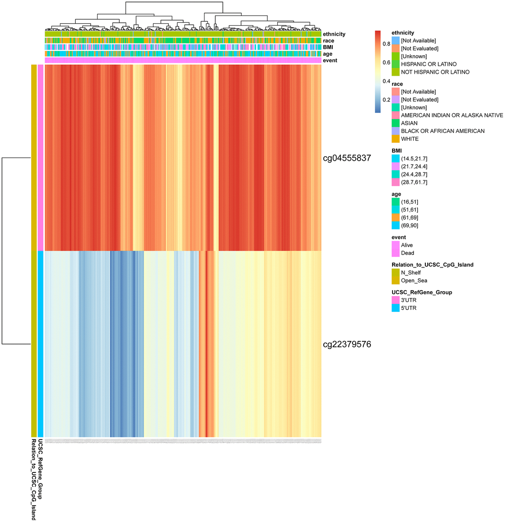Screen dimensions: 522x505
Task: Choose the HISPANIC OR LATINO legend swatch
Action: [x=395, y=64]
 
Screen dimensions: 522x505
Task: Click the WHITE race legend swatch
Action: [x=395, y=139]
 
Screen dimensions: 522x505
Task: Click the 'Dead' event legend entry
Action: [x=407, y=253]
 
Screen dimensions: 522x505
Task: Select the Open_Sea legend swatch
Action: [x=395, y=280]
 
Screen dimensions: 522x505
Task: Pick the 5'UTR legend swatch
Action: [x=395, y=308]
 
